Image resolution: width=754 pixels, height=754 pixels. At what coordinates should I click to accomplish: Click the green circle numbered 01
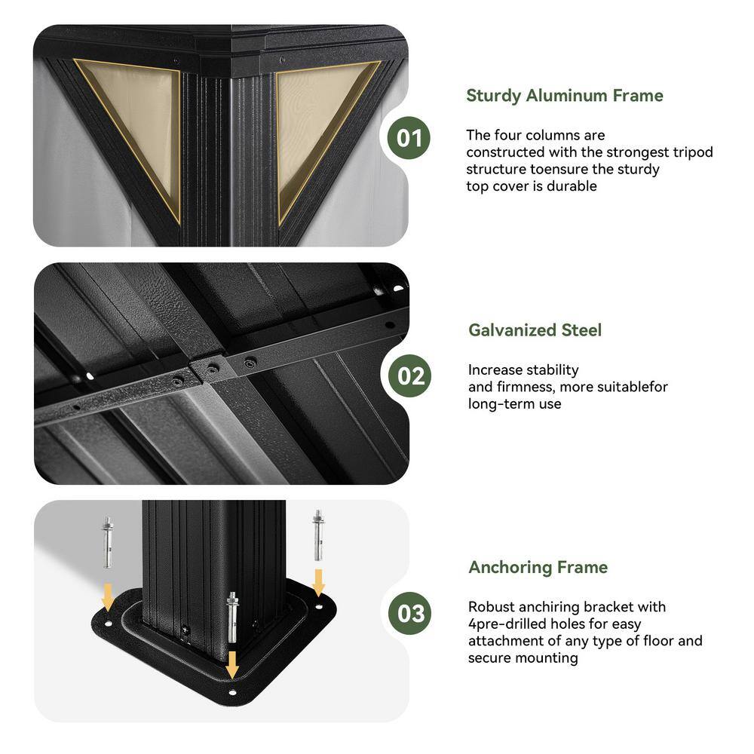point(409,138)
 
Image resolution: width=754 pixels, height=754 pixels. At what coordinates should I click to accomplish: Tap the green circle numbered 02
point(410,375)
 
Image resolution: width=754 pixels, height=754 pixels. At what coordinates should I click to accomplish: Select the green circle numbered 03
point(410,613)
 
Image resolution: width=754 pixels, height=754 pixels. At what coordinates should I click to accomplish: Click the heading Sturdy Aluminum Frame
point(565,96)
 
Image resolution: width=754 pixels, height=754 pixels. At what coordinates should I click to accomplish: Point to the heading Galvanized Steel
point(535,330)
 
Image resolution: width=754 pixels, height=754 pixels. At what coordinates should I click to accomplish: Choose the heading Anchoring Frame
point(538,568)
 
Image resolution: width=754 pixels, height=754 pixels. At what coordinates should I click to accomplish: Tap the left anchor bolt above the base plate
point(108,542)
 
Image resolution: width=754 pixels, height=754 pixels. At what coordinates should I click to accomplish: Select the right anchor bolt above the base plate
point(318,535)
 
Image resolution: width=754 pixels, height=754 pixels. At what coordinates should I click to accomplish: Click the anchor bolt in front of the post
point(232,618)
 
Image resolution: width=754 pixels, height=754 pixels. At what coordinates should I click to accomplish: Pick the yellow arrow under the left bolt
point(108,596)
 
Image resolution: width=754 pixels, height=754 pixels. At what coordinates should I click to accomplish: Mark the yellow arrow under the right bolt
point(318,582)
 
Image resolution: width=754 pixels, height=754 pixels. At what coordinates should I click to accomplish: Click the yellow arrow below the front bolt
point(232,664)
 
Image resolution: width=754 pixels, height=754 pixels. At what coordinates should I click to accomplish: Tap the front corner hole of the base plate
point(233,692)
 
